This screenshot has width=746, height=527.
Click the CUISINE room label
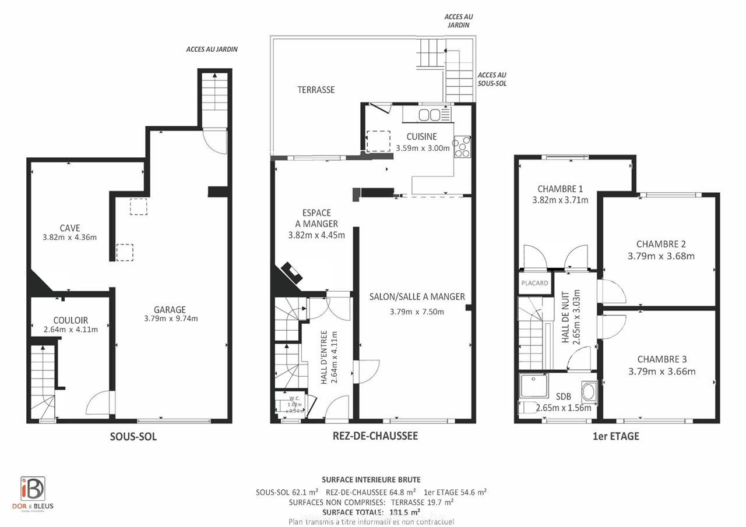point(421,137)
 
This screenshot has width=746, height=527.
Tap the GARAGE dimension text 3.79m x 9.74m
point(170,319)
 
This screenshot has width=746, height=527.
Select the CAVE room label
point(69,228)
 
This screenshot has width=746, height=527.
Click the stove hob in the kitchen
point(462,146)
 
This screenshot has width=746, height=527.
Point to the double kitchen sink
point(430,115)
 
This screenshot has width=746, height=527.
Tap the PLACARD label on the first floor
point(534,283)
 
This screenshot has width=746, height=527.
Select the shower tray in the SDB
point(533,386)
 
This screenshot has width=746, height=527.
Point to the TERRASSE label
point(316,90)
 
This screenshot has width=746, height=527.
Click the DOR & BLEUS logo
point(33,493)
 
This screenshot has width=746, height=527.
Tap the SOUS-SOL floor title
point(133,437)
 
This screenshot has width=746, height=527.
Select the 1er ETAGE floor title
point(615,436)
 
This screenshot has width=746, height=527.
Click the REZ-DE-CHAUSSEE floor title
point(375,436)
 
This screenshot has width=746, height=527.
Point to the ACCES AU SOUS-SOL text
point(491,79)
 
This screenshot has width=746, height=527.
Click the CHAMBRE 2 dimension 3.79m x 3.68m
point(661,256)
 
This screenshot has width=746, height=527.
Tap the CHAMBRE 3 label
point(661,359)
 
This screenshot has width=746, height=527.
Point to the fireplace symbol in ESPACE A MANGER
point(291,272)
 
